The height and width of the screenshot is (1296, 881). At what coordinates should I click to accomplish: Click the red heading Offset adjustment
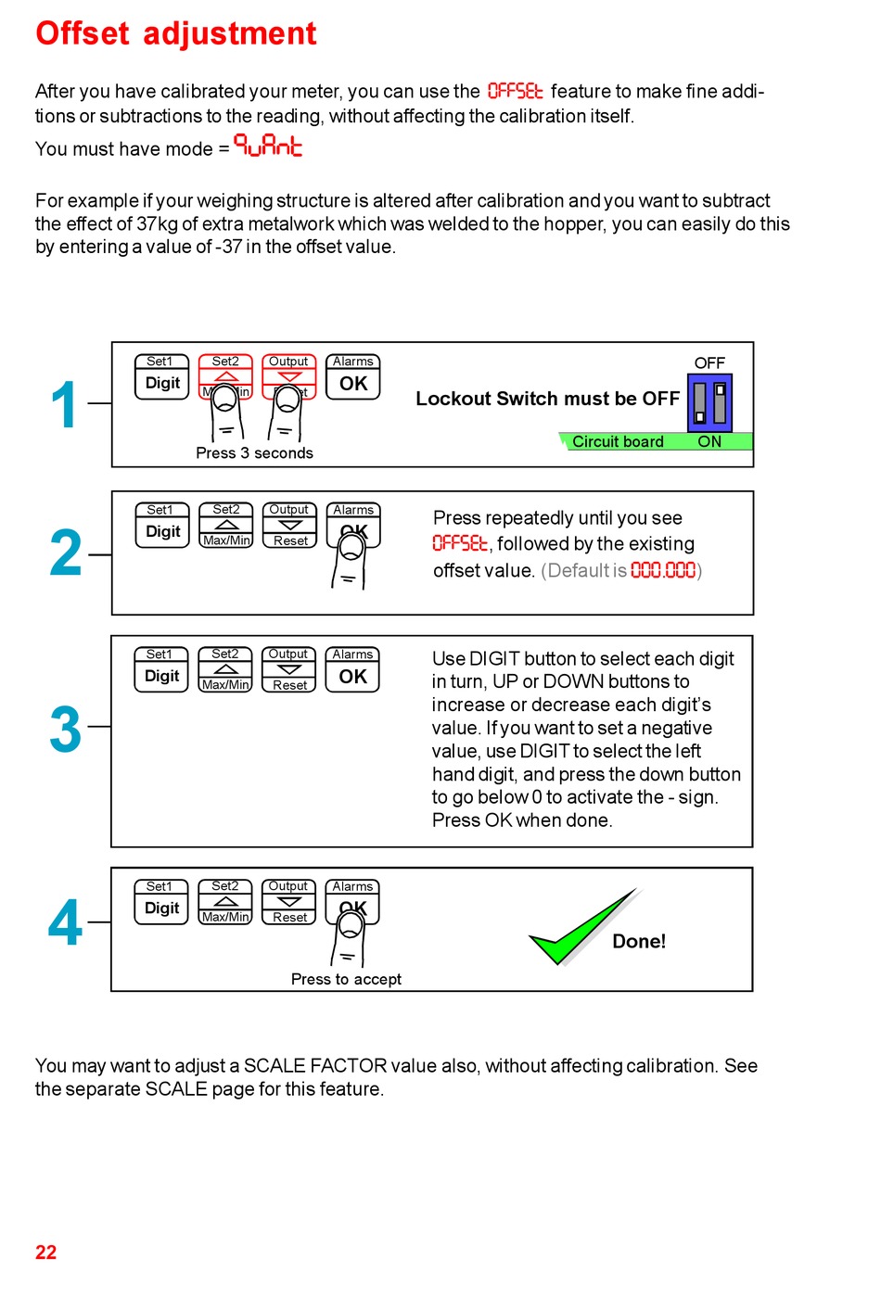point(175,33)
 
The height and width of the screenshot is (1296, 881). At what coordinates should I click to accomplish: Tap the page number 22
point(45,1252)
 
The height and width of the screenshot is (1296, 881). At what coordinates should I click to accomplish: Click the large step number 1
point(64,405)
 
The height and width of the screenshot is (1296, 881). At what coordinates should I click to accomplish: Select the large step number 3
point(65,730)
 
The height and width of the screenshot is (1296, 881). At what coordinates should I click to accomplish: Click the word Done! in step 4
point(639,942)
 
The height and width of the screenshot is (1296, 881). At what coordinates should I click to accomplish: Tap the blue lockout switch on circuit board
point(709,402)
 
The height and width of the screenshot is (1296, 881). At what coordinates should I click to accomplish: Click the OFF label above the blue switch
point(709,363)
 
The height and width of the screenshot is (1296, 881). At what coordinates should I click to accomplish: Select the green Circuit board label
point(618,442)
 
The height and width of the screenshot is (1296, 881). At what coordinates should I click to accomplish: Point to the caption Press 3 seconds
point(254,453)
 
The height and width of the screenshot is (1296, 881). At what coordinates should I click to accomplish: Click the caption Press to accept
point(346,980)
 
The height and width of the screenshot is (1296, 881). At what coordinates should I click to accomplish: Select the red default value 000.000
point(663,571)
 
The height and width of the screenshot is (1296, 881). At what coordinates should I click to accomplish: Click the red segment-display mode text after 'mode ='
point(268,146)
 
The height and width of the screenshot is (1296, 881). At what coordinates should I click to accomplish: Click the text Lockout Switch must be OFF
point(547,399)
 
